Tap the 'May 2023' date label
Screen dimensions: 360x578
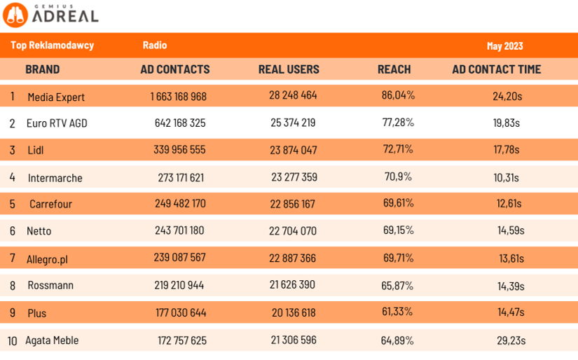pos(504,46)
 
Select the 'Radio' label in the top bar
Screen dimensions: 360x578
pos(154,46)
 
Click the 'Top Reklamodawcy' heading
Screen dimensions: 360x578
pos(52,46)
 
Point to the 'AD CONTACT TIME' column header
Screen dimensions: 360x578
pos(496,69)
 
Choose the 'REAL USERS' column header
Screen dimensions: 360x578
pos(289,69)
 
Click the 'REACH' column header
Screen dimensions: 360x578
pos(394,69)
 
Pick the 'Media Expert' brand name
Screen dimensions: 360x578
pos(56,97)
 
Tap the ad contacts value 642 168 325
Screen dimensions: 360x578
pos(180,123)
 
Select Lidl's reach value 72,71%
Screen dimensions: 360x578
pos(397,149)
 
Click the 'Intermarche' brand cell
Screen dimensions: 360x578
pos(55,178)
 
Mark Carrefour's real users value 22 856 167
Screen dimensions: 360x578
pos(293,204)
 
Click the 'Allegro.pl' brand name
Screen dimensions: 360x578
pos(48,258)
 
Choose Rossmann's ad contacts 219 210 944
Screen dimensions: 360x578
pos(179,285)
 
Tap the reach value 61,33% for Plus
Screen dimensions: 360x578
pos(397,312)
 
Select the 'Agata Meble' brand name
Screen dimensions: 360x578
pos(52,340)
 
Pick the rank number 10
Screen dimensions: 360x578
pos(13,341)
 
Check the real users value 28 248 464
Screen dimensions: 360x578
pos(293,95)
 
